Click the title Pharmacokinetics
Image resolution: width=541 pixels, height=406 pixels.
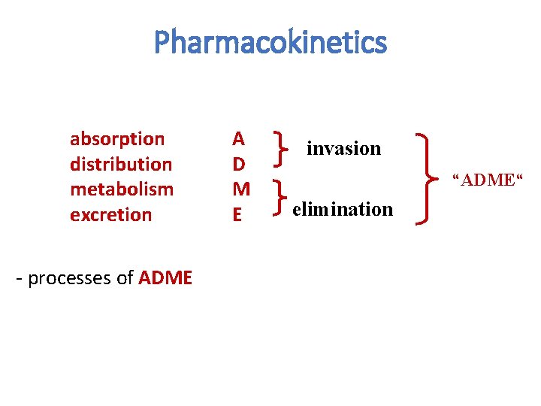tap(270, 43)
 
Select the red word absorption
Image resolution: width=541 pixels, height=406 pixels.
tap(116, 139)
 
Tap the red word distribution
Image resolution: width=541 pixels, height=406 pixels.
tap(120, 164)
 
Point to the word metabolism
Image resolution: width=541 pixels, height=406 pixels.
tap(121, 189)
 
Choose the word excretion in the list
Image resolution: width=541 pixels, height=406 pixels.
tap(110, 214)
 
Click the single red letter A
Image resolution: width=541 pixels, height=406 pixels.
tap(238, 138)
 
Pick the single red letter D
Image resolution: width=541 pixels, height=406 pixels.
tap(238, 163)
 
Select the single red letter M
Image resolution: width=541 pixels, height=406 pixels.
tap(240, 189)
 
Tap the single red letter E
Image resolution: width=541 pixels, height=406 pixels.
tap(237, 214)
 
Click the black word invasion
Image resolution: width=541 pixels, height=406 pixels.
tap(343, 149)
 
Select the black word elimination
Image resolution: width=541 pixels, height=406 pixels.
tap(343, 209)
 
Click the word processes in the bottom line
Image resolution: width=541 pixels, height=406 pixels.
tap(72, 279)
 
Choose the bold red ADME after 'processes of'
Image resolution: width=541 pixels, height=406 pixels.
tap(165, 278)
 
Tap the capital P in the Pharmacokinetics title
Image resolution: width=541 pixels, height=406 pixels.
tap(162, 43)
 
